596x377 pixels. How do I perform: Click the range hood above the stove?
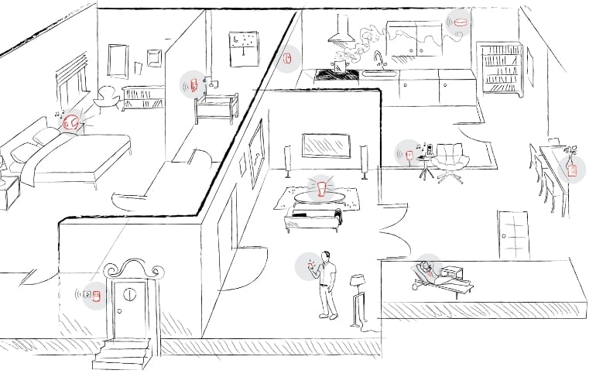point(340,33)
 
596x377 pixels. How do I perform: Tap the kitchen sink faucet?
point(378,60)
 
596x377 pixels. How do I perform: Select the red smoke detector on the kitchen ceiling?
point(461,22)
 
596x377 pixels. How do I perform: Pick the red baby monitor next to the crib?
point(193,84)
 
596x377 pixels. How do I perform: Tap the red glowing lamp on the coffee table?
point(321,187)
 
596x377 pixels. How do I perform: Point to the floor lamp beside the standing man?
point(358,294)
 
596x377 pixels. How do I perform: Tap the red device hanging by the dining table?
point(572,170)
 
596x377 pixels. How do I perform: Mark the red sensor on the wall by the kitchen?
point(288,57)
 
